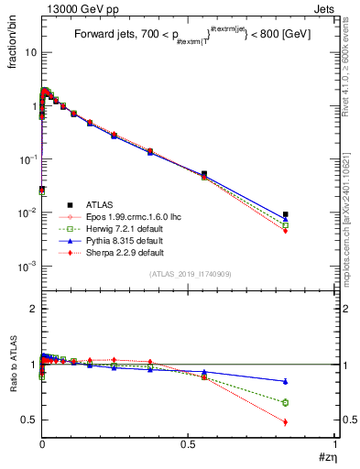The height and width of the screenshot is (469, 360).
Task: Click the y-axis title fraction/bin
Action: tap(17, 40)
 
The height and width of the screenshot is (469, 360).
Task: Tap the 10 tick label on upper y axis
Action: tap(28, 52)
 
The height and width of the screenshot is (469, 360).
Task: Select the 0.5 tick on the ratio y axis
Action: tap(28, 420)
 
